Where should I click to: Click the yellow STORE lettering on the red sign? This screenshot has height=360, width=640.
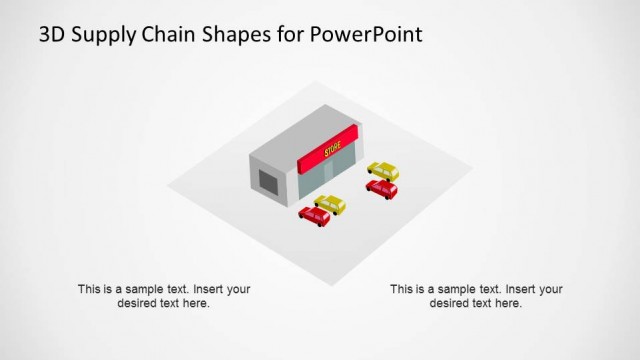[333, 151]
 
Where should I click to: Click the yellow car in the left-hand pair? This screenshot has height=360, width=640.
[329, 205]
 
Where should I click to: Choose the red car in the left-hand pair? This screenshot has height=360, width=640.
[314, 215]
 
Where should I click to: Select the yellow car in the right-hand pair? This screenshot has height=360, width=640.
[382, 170]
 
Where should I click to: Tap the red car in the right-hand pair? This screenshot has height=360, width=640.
[381, 187]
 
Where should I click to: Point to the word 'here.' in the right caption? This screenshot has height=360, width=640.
[507, 303]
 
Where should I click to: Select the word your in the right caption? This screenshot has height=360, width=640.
[549, 289]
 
